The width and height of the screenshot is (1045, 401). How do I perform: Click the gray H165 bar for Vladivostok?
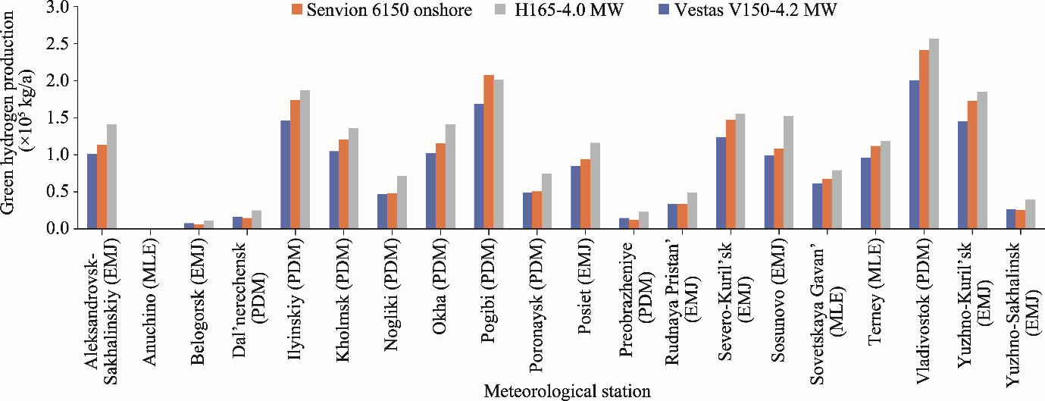[934, 133]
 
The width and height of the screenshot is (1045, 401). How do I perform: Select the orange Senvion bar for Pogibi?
[489, 152]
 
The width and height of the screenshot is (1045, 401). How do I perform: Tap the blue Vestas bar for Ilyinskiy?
[286, 174]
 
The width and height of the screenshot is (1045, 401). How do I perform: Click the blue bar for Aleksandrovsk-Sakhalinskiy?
[92, 191]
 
